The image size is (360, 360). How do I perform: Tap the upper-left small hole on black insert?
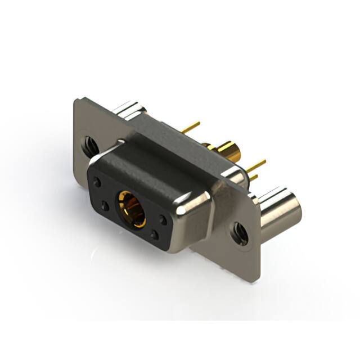98,182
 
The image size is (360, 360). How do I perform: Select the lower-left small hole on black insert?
105,206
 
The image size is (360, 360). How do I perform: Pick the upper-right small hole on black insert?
163,220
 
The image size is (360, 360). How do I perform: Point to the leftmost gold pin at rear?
191,127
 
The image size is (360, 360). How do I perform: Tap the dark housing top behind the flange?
180,143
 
